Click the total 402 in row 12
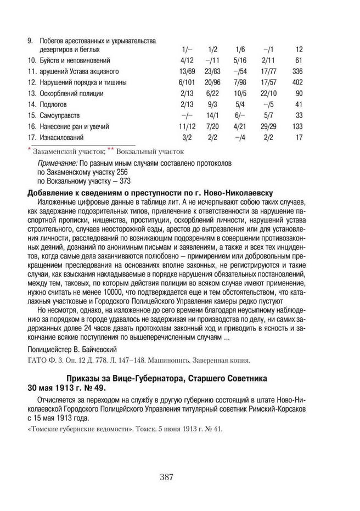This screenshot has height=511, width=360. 298,82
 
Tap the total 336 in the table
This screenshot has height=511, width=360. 298,71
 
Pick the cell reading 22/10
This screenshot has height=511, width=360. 268,93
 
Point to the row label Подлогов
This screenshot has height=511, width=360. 54,104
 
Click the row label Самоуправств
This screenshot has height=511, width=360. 60,115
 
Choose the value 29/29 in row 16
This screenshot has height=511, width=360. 268,126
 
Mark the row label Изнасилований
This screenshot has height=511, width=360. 61,137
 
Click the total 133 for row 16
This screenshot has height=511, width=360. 298,126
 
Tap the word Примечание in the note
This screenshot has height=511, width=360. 57,164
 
